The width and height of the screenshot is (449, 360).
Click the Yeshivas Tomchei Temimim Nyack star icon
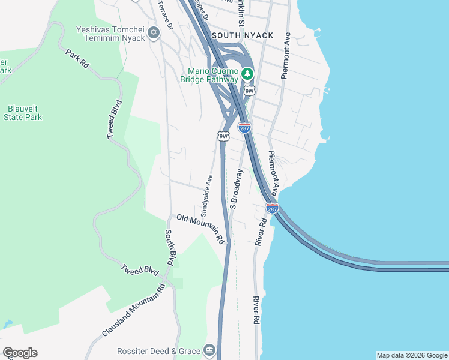(154, 32)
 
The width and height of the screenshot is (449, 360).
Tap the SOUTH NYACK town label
(242, 35)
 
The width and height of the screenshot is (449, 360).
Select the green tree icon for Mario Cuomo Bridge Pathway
(247, 75)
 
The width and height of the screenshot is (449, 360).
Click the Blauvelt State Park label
(23, 113)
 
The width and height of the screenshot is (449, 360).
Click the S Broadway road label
(237, 189)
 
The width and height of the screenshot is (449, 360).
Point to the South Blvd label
(170, 248)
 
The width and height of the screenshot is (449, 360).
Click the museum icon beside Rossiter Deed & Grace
(209, 349)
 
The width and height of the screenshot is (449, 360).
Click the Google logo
(20, 353)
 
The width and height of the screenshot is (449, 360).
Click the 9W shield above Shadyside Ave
(223, 136)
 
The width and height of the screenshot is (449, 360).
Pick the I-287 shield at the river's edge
(272, 208)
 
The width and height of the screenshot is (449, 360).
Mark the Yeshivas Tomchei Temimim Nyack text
(110, 33)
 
